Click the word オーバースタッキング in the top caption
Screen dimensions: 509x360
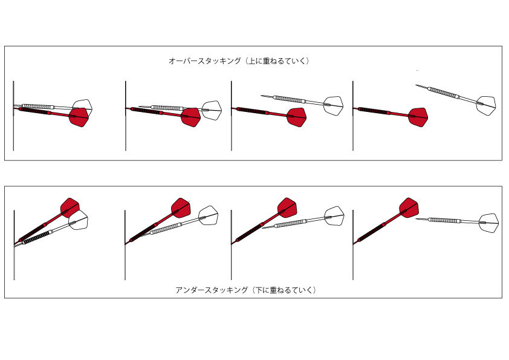coord(205,61)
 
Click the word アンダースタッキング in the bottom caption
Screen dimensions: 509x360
coord(212,290)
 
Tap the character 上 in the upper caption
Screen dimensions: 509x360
coord(251,61)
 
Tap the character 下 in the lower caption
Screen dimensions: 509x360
coord(258,290)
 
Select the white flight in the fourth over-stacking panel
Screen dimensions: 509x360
coord(486,106)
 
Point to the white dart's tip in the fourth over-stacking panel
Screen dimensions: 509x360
coord(416,85)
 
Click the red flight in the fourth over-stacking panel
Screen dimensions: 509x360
coord(418,117)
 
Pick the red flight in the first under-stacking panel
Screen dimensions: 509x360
coord(70,208)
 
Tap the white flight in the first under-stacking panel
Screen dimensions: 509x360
coord(79,220)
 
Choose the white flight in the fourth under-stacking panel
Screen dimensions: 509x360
coord(489,223)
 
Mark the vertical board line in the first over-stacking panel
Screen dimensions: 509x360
coord(13,116)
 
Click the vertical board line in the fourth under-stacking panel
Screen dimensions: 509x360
coord(353,245)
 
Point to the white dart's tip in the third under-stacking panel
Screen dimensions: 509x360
coord(262,228)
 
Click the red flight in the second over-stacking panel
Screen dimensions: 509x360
coord(191,117)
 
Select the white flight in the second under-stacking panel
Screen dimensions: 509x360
coord(209,215)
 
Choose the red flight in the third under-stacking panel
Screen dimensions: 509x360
coord(287,208)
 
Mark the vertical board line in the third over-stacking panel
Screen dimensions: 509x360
coord(231,116)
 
